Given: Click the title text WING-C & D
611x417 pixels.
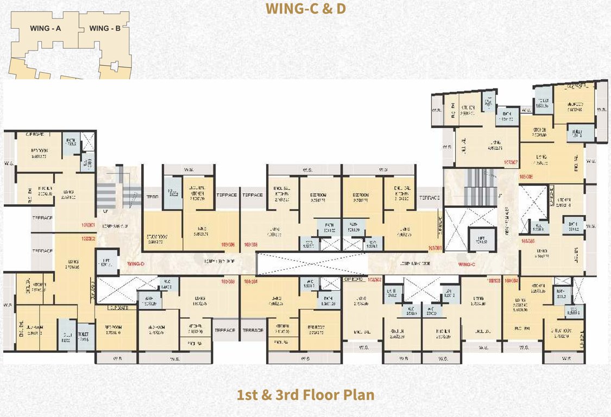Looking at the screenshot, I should [x=305, y=9].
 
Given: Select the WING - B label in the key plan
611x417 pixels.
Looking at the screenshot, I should [x=105, y=28].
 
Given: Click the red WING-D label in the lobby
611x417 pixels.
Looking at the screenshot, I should [x=136, y=264].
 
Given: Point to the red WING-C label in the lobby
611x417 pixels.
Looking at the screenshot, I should [x=467, y=264].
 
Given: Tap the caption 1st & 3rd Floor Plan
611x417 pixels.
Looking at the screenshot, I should [x=305, y=394].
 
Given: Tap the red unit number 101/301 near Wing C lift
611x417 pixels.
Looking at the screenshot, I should [x=435, y=248].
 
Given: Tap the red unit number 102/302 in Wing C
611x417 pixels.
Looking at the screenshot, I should [x=374, y=280].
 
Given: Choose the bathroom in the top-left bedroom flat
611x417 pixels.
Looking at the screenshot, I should [x=71, y=143].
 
